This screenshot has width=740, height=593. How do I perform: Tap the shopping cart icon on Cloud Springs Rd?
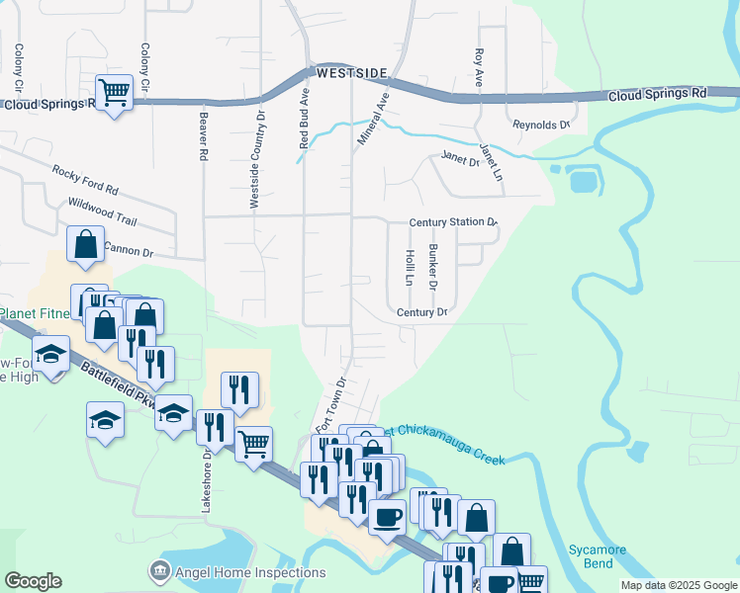[115, 93]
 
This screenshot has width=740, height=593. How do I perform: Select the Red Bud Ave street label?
[305, 120]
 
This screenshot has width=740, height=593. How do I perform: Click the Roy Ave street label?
[479, 67]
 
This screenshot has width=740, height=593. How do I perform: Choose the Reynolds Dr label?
[541, 126]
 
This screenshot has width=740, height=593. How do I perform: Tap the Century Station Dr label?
[452, 222]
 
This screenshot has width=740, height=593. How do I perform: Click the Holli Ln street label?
[410, 267]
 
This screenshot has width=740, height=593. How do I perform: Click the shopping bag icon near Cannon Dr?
[86, 244]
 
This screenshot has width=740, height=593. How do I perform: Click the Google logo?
[33, 581]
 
